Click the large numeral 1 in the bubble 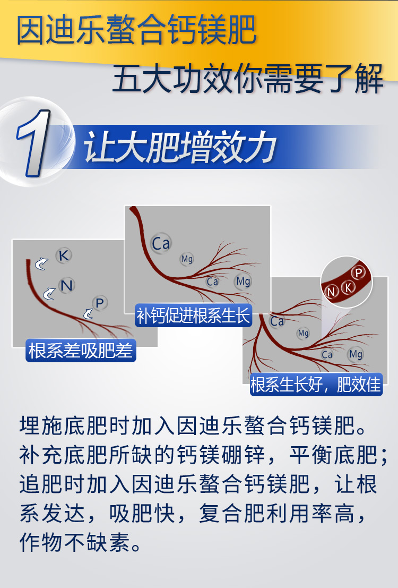tap(33, 142)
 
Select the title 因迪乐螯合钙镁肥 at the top tap(136, 30)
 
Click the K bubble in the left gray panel tap(64, 255)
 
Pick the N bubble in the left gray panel tap(66, 286)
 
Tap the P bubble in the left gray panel tap(99, 303)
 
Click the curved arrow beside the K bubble tap(41, 263)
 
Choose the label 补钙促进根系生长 tap(193, 316)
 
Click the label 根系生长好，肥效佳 tap(316, 384)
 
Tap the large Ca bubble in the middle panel tap(161, 244)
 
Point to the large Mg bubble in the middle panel tap(243, 281)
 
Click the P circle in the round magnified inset tap(359, 272)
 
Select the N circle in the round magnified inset tap(332, 291)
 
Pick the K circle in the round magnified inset tap(348, 287)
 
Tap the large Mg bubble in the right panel tap(356, 354)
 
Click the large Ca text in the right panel tap(277, 321)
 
